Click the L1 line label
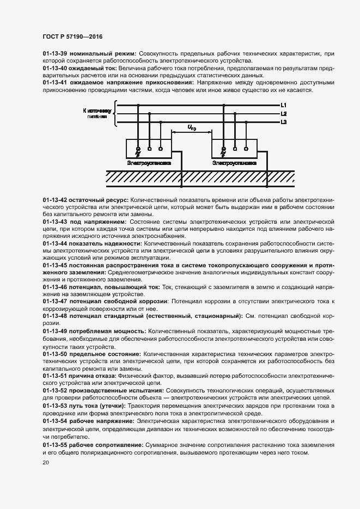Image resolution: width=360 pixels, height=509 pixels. pos(284,105)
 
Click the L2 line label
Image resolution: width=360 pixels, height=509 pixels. pos(284,114)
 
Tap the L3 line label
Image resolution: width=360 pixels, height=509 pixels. pos(284,122)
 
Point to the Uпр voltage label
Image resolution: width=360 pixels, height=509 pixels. pos(191,127)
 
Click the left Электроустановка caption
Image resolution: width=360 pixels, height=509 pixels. pos(149,162)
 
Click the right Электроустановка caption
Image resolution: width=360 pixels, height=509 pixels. pos(234,162)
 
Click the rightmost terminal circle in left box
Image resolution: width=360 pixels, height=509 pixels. pos(160,148)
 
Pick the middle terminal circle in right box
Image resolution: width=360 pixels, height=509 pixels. pos(234,148)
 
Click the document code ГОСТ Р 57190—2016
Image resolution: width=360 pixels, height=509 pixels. pos(72,36)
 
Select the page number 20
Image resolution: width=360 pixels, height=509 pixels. pos(46,462)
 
